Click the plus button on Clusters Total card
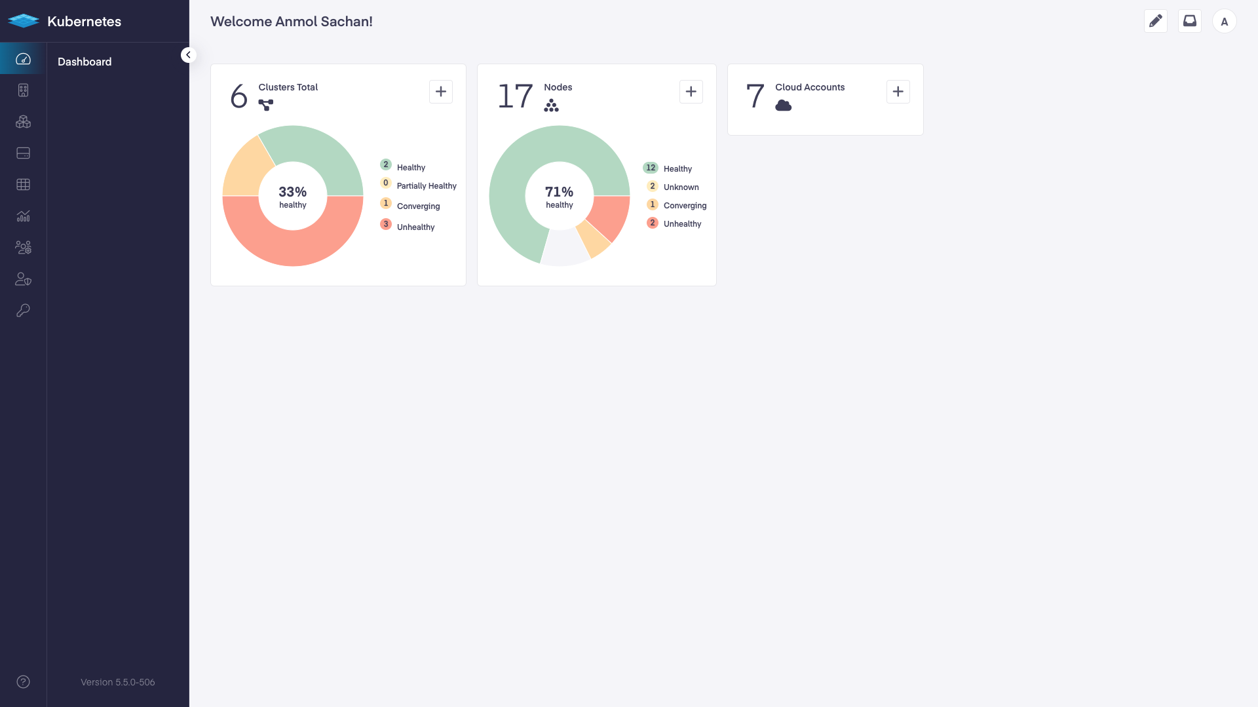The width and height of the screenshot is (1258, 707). click(441, 92)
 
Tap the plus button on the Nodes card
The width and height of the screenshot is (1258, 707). click(691, 92)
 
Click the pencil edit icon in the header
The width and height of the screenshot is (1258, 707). click(1156, 21)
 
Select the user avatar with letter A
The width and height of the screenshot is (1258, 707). click(1224, 22)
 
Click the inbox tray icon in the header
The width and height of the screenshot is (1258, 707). click(1190, 21)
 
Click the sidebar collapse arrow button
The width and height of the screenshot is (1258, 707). click(188, 55)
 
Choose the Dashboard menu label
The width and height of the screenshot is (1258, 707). click(85, 62)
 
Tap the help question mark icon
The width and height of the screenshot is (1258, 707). click(24, 682)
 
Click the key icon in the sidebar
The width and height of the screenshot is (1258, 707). click(24, 311)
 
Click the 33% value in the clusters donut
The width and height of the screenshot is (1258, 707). click(293, 192)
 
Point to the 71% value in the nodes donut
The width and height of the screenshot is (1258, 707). click(560, 192)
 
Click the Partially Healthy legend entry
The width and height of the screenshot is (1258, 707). click(427, 186)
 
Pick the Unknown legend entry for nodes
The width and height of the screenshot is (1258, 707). click(681, 187)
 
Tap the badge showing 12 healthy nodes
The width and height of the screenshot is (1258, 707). click(651, 168)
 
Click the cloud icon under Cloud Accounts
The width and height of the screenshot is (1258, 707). click(784, 105)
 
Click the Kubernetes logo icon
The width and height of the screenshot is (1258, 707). click(24, 21)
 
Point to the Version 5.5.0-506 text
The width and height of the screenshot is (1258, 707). click(118, 682)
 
